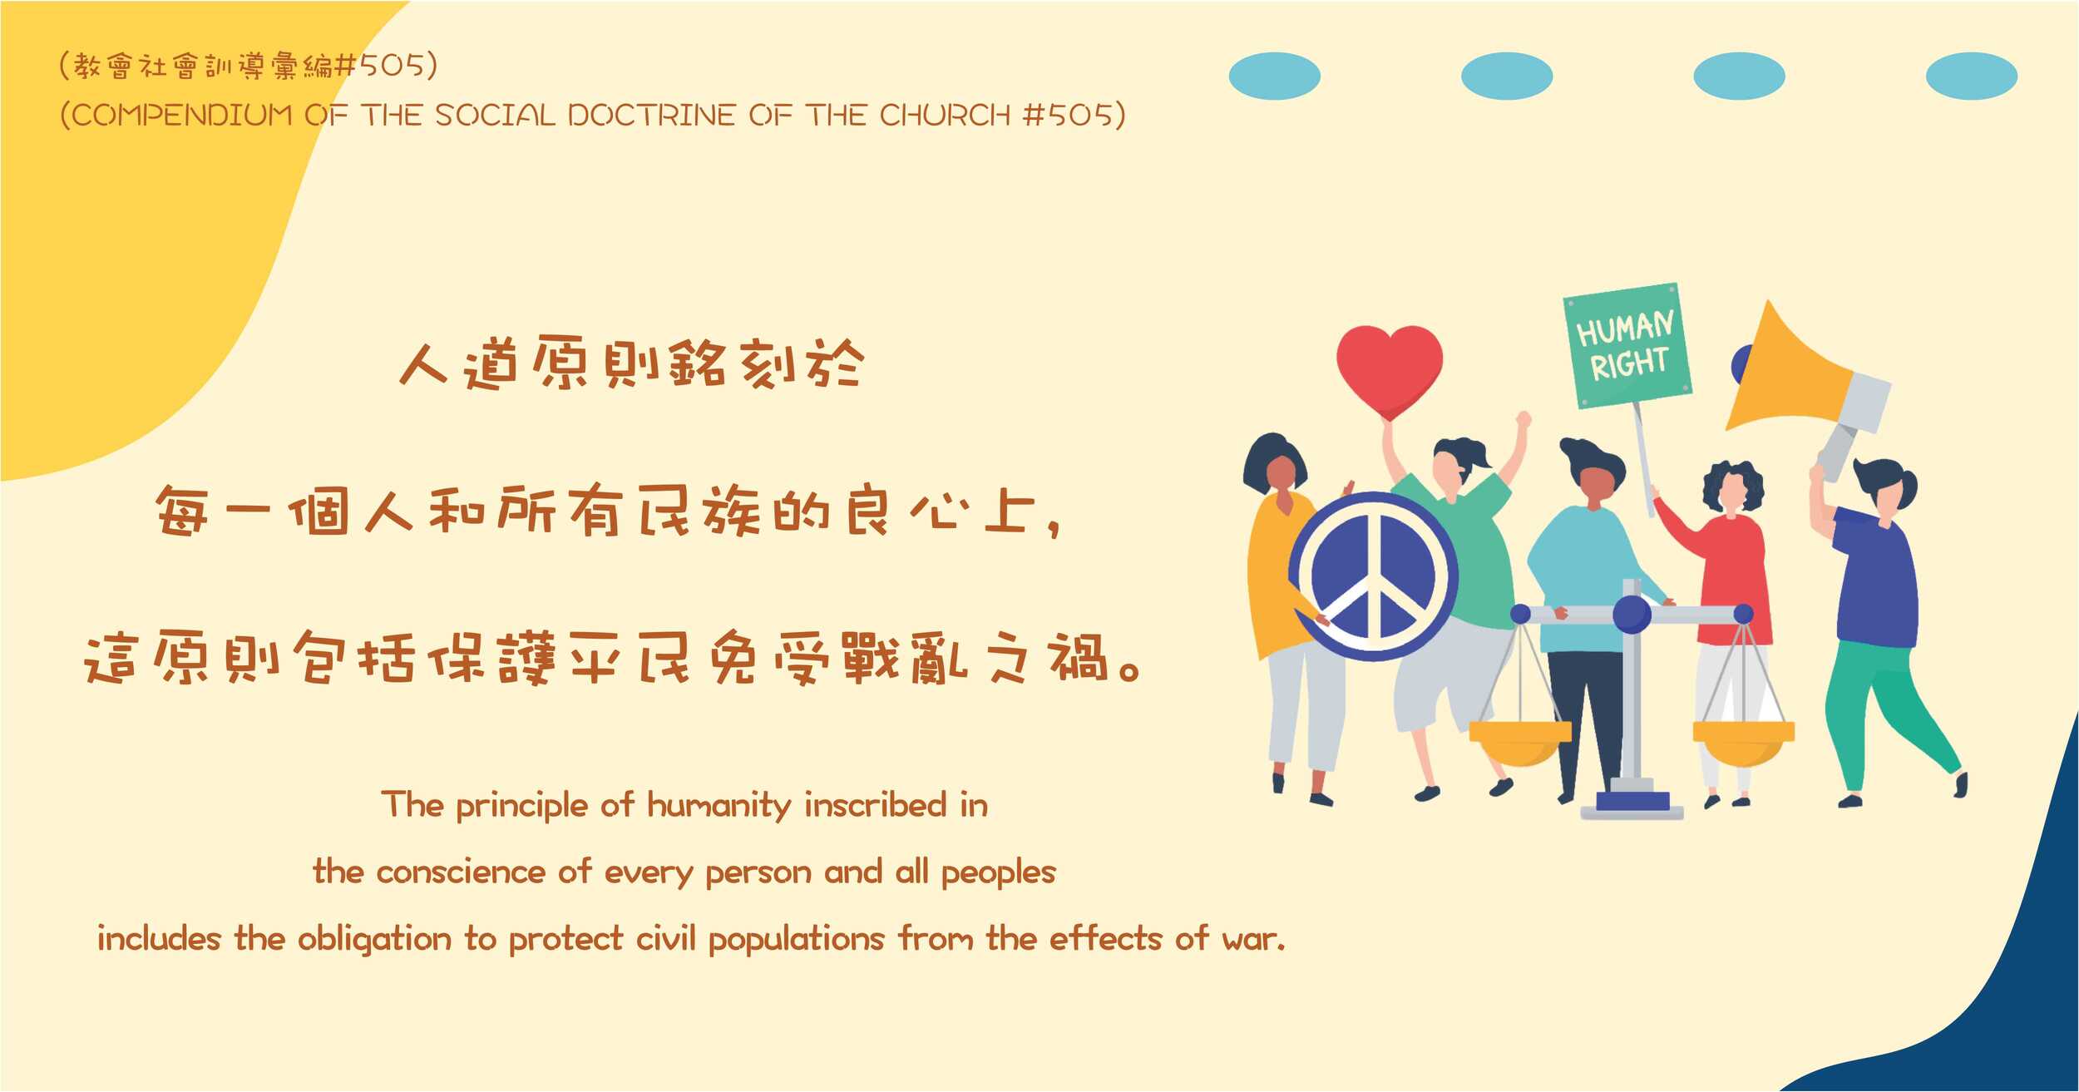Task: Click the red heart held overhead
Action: pos(1390,370)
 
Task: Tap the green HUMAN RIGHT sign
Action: pos(1627,346)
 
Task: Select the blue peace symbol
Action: pos(1373,576)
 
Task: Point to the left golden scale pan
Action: pos(1520,742)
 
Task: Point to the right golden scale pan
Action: pos(1743,742)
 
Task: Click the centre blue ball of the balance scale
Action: pos(1632,615)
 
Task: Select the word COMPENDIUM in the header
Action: pos(182,116)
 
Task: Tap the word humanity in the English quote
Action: pos(719,806)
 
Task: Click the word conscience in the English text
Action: pos(462,872)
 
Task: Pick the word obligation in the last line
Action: pos(374,939)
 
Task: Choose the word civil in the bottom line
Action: pos(665,938)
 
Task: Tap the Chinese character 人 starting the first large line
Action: pos(424,364)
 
